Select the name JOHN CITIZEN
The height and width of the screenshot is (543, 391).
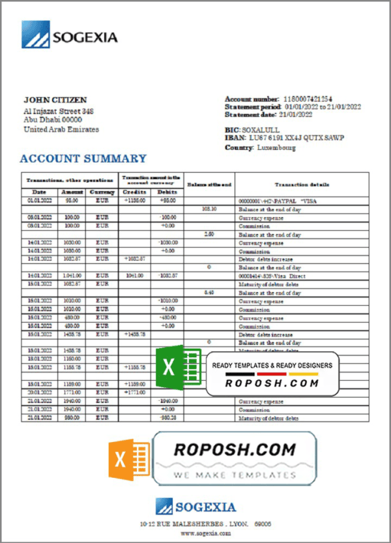[55, 100]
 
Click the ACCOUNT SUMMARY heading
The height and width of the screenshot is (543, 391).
[83, 158]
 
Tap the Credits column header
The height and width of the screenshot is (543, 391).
[134, 192]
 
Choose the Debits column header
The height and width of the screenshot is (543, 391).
[167, 192]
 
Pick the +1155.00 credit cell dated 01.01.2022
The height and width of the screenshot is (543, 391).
[134, 201]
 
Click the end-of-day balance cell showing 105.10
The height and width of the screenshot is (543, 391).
[209, 209]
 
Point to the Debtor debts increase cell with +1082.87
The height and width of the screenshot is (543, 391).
[134, 259]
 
